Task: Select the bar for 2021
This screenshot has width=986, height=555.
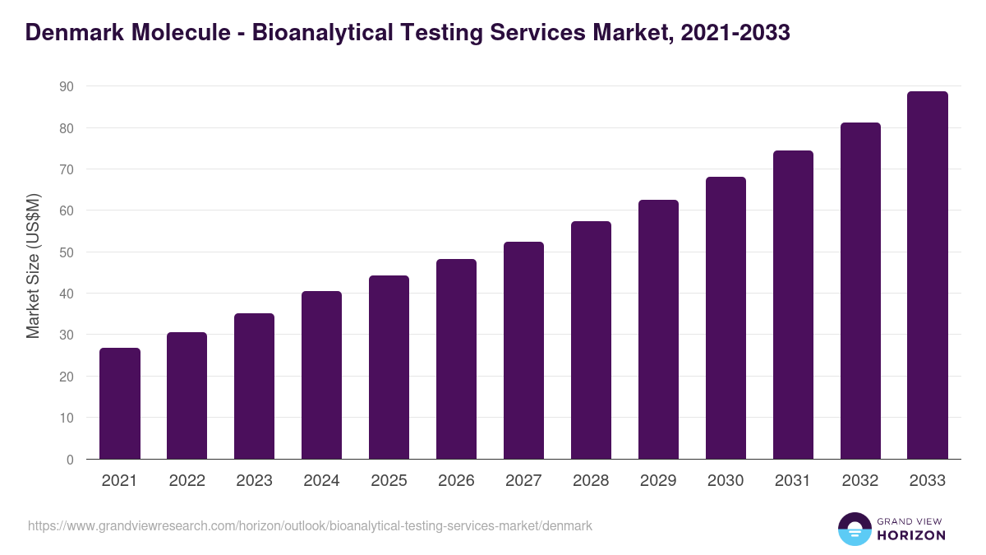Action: click(120, 404)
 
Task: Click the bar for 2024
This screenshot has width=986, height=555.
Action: click(321, 375)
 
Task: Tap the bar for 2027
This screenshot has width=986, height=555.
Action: click(523, 350)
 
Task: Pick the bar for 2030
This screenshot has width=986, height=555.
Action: click(726, 318)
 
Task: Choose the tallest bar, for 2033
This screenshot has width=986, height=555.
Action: click(928, 275)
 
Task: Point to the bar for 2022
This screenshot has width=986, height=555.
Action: click(187, 395)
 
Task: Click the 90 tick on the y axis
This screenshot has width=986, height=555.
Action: click(66, 86)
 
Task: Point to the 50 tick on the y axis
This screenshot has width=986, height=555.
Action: click(66, 252)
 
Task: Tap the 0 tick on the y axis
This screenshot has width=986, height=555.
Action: click(70, 460)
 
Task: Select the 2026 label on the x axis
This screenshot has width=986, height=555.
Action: click(456, 481)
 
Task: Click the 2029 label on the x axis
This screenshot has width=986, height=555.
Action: click(658, 481)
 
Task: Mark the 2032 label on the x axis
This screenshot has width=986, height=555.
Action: click(860, 481)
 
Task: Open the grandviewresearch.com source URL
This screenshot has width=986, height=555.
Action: click(310, 525)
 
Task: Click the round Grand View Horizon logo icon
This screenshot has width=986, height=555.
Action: click(854, 529)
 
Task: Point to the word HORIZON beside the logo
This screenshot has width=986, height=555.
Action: click(910, 535)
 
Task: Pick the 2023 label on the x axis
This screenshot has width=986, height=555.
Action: click(254, 481)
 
